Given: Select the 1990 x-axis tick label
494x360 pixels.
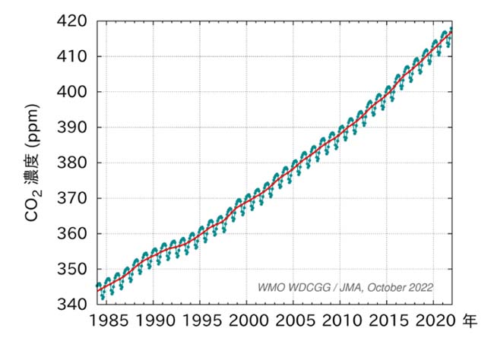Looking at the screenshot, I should [155, 323].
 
